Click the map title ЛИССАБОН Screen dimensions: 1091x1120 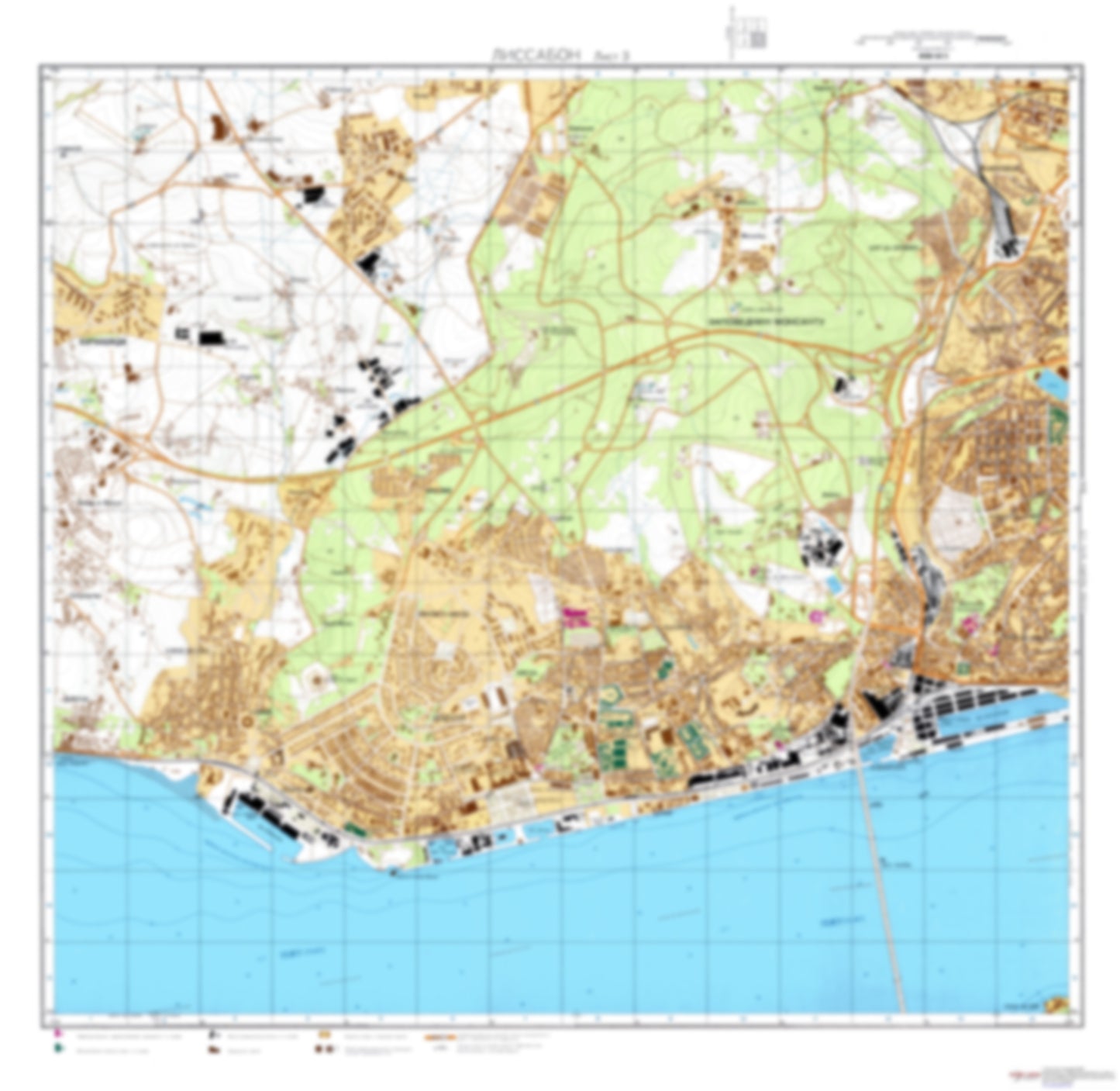coord(535,54)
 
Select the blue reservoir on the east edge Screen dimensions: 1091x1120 coord(1053,385)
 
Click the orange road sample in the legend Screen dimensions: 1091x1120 coord(438,1036)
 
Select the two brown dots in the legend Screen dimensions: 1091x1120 coord(323,1050)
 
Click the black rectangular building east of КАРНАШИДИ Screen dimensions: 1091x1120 coord(210,338)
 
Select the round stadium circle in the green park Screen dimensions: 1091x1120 coord(318,682)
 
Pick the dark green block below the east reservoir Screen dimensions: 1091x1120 coord(1057,419)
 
